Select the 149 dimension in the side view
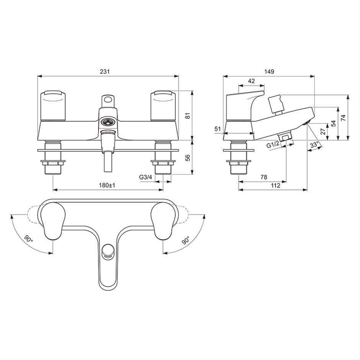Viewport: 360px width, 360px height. (269, 72)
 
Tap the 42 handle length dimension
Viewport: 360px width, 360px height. (251, 81)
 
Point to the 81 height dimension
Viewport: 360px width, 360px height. (187, 116)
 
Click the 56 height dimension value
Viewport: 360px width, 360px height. (187, 158)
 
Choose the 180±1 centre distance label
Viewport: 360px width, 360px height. (108, 185)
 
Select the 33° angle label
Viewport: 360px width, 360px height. (314, 145)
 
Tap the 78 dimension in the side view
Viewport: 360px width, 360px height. (263, 177)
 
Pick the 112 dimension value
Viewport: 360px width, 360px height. (275, 185)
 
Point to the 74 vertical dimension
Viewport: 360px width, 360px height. (344, 118)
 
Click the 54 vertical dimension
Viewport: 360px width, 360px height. (333, 123)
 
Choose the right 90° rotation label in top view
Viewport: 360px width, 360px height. (185, 241)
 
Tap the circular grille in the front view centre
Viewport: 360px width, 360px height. (108, 122)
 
